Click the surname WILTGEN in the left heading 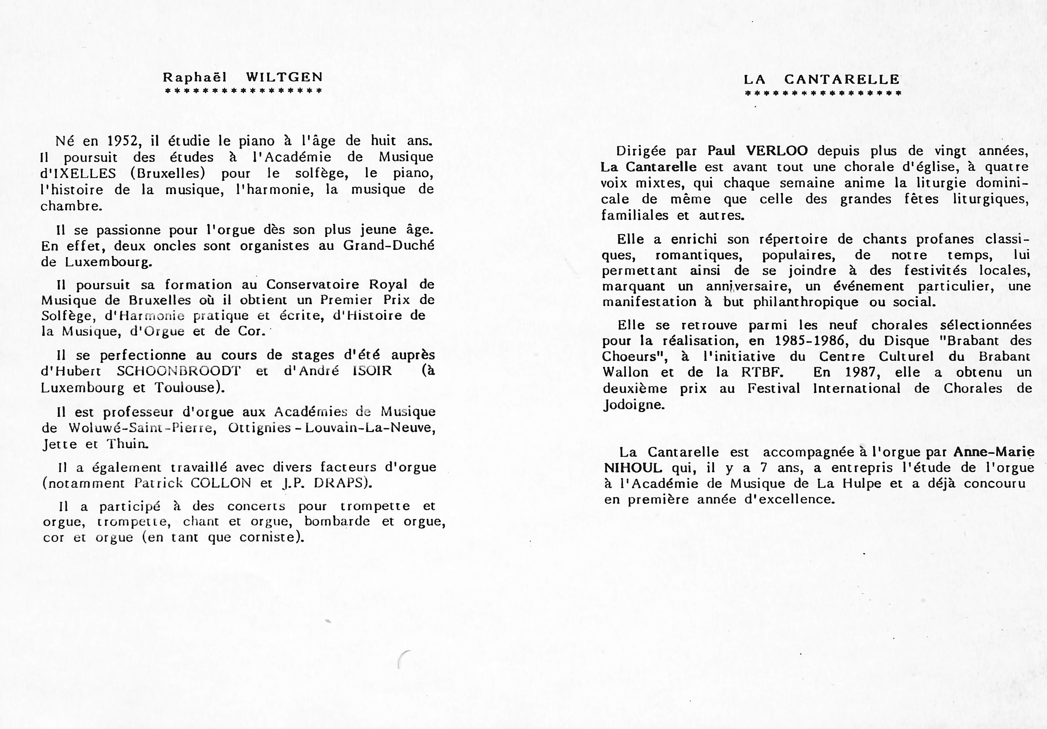point(285,77)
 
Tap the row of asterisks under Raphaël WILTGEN point(243,90)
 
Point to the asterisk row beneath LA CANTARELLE point(823,93)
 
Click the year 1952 point(122,141)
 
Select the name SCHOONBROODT point(178,371)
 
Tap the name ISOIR point(372,371)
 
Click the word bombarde point(337,521)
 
